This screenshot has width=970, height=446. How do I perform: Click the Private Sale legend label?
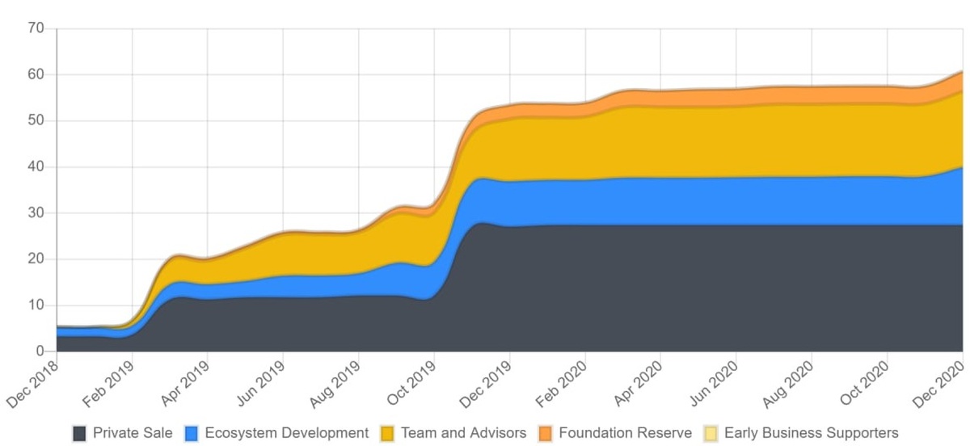point(133,433)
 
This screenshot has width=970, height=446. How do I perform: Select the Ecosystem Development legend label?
point(287,433)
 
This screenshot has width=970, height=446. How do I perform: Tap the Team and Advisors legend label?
point(463,433)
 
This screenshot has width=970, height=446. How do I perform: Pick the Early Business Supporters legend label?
point(811,433)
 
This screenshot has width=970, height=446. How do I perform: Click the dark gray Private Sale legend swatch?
point(79,433)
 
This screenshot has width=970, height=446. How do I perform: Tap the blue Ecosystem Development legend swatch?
point(192,433)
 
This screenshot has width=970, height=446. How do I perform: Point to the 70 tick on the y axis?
point(36,29)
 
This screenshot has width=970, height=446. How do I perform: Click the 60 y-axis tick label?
point(36,75)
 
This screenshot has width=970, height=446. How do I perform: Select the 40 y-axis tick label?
point(36,167)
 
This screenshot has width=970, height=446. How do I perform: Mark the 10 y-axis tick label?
point(36,305)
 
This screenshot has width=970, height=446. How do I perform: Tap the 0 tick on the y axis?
point(40,351)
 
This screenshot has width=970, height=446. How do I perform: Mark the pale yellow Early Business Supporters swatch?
point(711,433)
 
